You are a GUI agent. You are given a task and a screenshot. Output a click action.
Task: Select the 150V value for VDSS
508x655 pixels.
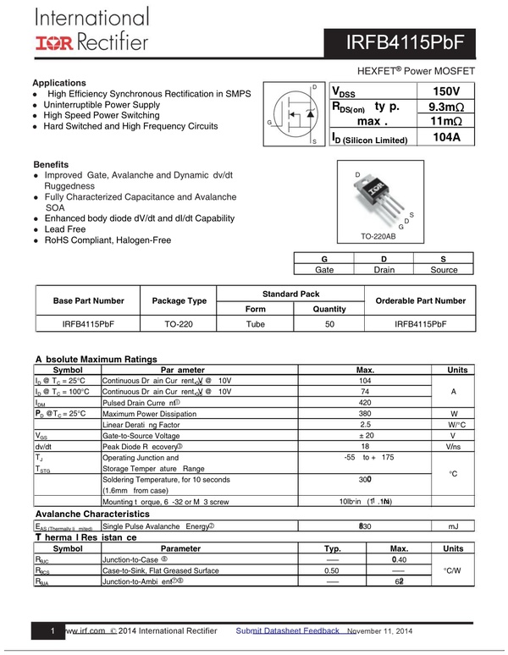tap(445, 91)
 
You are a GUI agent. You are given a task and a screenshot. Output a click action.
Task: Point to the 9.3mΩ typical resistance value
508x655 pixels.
tap(445, 107)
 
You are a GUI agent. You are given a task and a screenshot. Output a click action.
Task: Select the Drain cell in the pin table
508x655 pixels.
tap(384, 270)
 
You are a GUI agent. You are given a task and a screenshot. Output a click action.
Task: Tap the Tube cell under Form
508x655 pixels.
tap(255, 324)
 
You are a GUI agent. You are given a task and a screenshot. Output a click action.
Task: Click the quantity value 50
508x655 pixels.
tap(329, 324)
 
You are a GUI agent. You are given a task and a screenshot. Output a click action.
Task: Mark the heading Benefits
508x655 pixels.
tap(51, 163)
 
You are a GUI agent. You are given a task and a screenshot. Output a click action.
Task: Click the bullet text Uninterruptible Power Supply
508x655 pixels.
tap(102, 105)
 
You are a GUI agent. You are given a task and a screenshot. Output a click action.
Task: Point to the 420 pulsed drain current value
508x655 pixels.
tap(365, 403)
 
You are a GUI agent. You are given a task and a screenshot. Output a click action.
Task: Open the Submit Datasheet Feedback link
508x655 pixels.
tap(288, 631)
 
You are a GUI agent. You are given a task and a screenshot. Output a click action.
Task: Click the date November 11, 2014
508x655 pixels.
tap(380, 631)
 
